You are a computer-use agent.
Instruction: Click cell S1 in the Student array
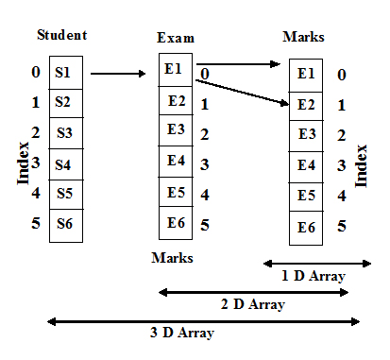64,72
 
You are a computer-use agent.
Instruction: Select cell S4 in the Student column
64,164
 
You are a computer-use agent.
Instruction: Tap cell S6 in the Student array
64,224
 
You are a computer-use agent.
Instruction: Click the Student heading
62,36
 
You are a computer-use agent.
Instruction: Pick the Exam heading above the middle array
176,39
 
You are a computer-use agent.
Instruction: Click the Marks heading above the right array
304,37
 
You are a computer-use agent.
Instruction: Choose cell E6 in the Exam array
177,223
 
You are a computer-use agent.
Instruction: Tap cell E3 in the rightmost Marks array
307,134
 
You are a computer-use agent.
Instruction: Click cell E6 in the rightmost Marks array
307,227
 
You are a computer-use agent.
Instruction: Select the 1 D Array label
313,276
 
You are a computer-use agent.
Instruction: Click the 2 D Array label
253,304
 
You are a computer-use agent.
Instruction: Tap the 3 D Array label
183,333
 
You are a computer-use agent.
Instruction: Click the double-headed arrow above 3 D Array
203,321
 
